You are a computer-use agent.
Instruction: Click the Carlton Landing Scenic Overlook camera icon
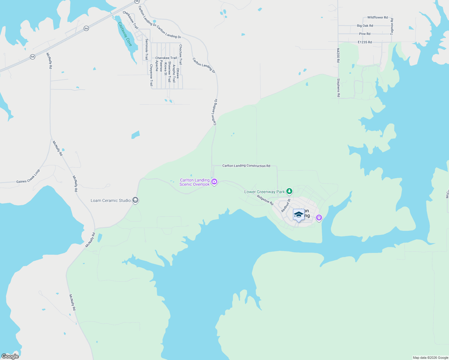[214, 181]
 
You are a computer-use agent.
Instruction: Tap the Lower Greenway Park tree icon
[289, 191]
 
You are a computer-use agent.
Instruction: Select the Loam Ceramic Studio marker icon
[135, 200]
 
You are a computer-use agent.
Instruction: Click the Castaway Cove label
[125, 34]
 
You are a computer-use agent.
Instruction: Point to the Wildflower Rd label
[377, 17]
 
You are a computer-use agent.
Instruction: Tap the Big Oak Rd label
[365, 26]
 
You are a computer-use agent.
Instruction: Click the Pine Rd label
[365, 34]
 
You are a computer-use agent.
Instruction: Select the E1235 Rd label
[365, 42]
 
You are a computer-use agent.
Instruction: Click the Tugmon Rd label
[392, 26]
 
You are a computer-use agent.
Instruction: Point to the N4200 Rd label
[338, 55]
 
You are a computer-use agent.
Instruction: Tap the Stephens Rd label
[338, 88]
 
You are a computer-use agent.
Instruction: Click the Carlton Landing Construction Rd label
[246, 166]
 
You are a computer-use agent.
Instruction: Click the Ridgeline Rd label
[265, 200]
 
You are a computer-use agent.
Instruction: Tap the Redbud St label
[286, 205]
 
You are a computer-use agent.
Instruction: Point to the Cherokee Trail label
[166, 58]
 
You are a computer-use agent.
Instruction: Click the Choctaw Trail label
[180, 55]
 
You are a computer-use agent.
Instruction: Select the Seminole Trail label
[146, 49]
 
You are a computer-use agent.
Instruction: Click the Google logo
[10, 356]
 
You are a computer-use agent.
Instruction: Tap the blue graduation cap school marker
[299, 215]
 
